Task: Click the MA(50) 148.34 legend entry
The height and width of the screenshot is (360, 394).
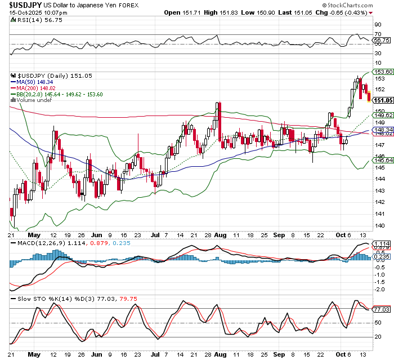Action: [x=38, y=82]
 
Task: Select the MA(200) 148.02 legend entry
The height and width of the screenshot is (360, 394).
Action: [x=39, y=88]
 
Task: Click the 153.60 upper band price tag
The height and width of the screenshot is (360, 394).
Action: [x=382, y=73]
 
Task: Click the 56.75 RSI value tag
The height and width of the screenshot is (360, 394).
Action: [x=382, y=41]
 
